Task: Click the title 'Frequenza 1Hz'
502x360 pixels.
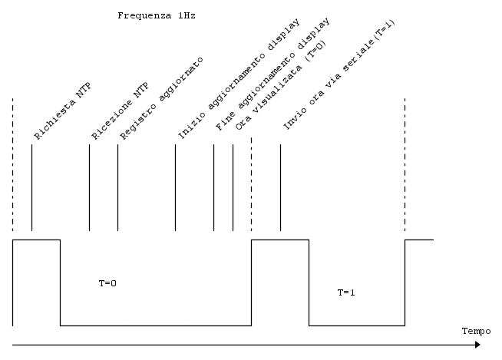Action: pos(157,15)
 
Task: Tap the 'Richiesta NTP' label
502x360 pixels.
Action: pos(62,111)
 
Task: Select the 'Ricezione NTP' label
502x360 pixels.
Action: pos(120,111)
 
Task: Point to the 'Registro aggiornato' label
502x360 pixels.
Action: pos(161,98)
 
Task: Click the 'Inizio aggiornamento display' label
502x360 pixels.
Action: pos(239,79)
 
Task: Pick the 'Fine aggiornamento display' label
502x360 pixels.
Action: pos(272,74)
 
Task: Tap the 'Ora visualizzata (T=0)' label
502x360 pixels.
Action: pos(281,85)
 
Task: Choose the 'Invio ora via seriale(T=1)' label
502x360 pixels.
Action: pos(339,75)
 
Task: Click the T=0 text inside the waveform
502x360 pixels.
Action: pos(107,283)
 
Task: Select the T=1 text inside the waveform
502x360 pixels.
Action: pos(346,292)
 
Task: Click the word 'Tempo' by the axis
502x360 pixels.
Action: pos(477,331)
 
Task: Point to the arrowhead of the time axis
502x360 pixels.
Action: pos(478,345)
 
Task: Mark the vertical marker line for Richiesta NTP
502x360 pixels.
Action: pos(31,187)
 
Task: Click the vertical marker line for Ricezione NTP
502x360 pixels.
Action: pos(89,187)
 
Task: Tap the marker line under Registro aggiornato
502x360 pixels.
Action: pos(117,187)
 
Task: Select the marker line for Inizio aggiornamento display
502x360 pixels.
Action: pos(176,187)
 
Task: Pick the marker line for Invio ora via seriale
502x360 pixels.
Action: pos(280,187)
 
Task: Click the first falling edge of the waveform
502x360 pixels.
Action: pos(60,282)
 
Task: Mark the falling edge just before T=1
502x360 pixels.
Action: pos(309,282)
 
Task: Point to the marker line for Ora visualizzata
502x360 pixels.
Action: pos(233,187)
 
